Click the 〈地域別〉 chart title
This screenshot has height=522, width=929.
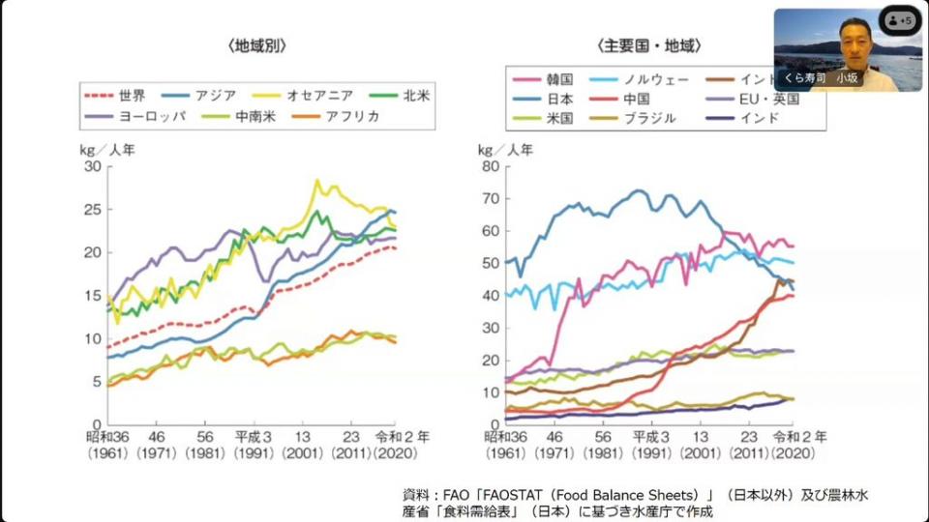point(257,44)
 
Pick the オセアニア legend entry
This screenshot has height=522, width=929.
point(318,95)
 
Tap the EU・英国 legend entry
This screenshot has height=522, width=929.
point(769,98)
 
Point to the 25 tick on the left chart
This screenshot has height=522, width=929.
point(93,210)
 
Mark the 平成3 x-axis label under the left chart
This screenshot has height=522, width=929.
point(254,436)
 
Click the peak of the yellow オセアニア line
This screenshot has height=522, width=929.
point(316,181)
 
